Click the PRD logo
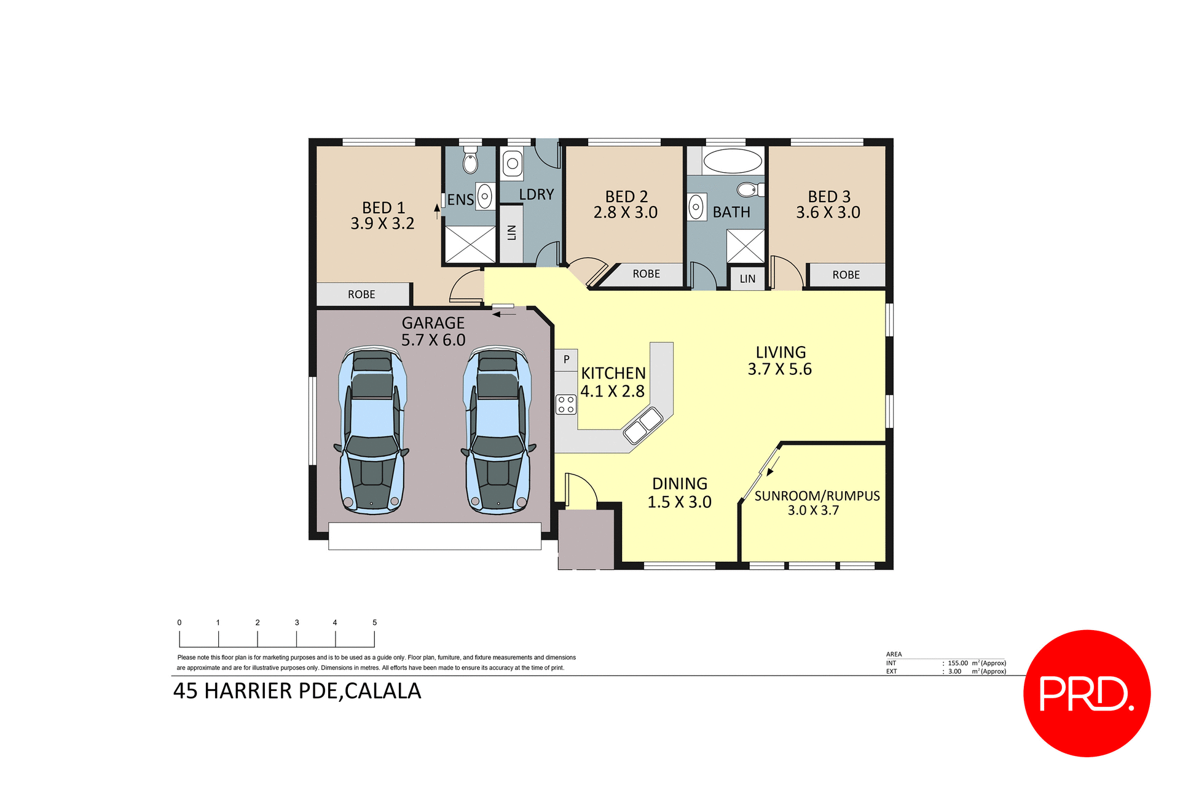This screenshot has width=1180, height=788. click(x=1086, y=693)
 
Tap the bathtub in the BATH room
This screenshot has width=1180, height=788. click(x=732, y=161)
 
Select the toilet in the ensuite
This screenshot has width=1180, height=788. click(x=470, y=161)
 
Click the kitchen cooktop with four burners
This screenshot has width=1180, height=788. click(x=565, y=404)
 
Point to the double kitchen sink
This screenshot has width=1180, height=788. click(x=643, y=426)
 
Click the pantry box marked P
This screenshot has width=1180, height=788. click(x=566, y=360)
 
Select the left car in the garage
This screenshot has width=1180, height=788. click(x=372, y=430)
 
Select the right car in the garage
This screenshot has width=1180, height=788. click(x=498, y=430)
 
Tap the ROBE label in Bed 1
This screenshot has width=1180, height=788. click(x=361, y=294)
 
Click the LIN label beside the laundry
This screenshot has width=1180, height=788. click(x=511, y=233)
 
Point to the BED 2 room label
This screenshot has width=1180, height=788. click(x=626, y=197)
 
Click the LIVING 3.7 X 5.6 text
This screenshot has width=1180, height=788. click(x=780, y=361)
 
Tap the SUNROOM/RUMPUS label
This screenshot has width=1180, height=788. click(x=817, y=496)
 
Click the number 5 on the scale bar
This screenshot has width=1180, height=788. click(x=374, y=623)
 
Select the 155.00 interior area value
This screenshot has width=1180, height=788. click(x=958, y=663)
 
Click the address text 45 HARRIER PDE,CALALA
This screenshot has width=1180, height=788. click(x=297, y=691)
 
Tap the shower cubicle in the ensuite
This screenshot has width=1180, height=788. click(x=470, y=245)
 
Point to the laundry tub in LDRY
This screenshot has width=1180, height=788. click(x=512, y=164)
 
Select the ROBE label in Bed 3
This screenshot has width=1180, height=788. click(x=846, y=275)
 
